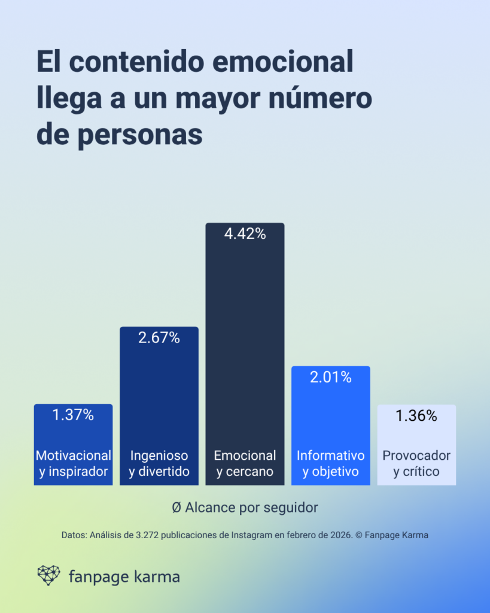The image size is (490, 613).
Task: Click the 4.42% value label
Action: [x=245, y=234]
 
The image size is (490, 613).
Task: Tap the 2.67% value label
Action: [x=159, y=338]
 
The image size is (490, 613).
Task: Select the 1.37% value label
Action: [x=73, y=415]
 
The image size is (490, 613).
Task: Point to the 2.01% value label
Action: [x=330, y=377]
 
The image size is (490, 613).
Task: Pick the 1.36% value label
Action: [x=416, y=415]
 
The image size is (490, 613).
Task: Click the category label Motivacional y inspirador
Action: [x=73, y=463]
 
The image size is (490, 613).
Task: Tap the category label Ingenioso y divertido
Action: [x=159, y=463]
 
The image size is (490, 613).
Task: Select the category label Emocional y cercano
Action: [x=245, y=463]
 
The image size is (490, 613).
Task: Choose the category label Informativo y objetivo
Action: [x=330, y=463]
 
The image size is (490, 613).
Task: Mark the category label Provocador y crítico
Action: [x=416, y=463]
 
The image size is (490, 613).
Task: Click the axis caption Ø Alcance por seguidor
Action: [x=245, y=507]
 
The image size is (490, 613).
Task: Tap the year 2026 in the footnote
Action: [x=340, y=535]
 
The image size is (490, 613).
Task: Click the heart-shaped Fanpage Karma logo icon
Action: [x=48, y=575]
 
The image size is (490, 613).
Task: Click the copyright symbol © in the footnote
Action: [x=359, y=535]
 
